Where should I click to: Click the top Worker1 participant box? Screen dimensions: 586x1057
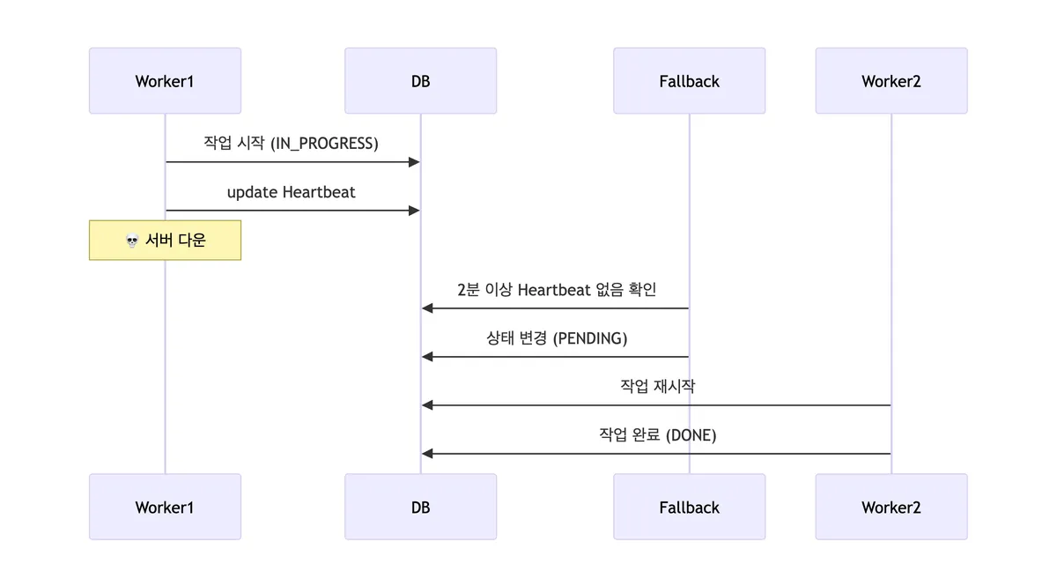(165, 81)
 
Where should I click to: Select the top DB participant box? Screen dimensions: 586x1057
(420, 81)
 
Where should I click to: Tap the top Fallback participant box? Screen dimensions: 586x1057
(689, 81)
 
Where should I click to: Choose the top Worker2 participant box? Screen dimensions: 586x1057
(891, 81)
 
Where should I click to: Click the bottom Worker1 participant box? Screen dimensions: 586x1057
(165, 507)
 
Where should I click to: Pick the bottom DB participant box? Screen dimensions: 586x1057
(420, 507)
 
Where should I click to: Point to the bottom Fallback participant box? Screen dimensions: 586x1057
(689, 507)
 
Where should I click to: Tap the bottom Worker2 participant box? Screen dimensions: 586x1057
(891, 507)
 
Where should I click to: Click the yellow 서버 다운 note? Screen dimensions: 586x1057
(165, 241)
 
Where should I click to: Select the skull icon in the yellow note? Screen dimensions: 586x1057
(132, 241)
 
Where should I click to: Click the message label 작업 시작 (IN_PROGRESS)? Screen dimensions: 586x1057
(291, 143)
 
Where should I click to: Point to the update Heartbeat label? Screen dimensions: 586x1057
(291, 192)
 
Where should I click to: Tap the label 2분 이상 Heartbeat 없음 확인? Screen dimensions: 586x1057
(557, 289)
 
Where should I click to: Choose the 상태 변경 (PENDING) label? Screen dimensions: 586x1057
(557, 338)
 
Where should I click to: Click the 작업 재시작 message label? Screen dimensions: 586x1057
(658, 386)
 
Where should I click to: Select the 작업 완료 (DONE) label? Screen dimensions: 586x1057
(658, 434)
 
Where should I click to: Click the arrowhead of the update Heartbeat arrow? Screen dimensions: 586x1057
(414, 211)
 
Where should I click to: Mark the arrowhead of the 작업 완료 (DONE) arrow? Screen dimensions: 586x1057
(427, 454)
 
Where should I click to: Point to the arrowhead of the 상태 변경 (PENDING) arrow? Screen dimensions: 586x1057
(427, 357)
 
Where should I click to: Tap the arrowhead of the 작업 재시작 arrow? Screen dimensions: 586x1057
(427, 405)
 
